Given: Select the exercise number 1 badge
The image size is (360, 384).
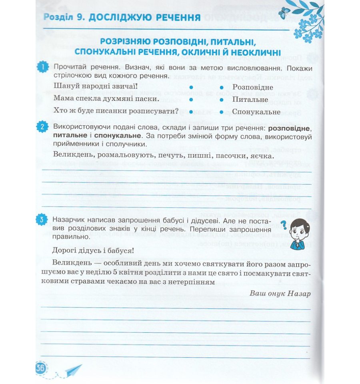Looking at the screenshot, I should pyautogui.click(x=43, y=67).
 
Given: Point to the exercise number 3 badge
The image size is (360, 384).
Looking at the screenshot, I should pyautogui.click(x=43, y=219).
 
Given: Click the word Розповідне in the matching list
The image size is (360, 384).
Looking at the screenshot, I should pyautogui.click(x=252, y=87).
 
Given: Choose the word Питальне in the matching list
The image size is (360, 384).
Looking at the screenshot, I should pyautogui.click(x=250, y=99).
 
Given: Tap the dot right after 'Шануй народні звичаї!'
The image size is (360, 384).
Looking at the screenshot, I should pyautogui.click(x=191, y=87).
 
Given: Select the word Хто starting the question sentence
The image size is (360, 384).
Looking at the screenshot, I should pyautogui.click(x=60, y=111).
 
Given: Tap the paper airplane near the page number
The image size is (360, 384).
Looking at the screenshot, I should pyautogui.click(x=72, y=370).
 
